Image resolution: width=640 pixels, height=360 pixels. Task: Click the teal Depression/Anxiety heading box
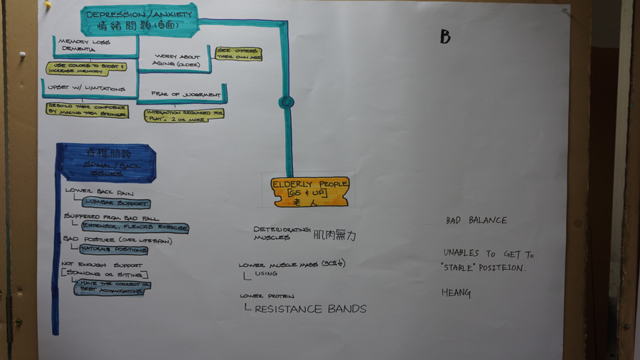[139, 20]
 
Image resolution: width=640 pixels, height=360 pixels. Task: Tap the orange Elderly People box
[310, 191]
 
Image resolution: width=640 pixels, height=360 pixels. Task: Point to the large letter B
[445, 37]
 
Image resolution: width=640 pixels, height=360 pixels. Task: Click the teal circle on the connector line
[287, 102]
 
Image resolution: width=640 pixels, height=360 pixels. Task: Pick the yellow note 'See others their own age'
[238, 53]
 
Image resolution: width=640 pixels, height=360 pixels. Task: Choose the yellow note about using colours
[86, 68]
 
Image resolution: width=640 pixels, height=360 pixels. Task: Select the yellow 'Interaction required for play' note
[184, 115]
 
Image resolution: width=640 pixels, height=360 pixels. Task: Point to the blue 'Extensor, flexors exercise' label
[135, 228]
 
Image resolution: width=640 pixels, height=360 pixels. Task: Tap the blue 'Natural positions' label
[103, 250]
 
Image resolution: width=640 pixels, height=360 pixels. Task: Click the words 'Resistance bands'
[310, 309]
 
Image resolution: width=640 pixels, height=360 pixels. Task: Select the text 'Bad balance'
[476, 221]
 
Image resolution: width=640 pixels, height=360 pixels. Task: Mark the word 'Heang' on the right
[456, 292]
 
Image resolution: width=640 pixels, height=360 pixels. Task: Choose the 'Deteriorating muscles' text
[282, 233]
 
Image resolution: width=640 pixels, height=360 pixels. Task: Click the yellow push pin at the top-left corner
[48, 4]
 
